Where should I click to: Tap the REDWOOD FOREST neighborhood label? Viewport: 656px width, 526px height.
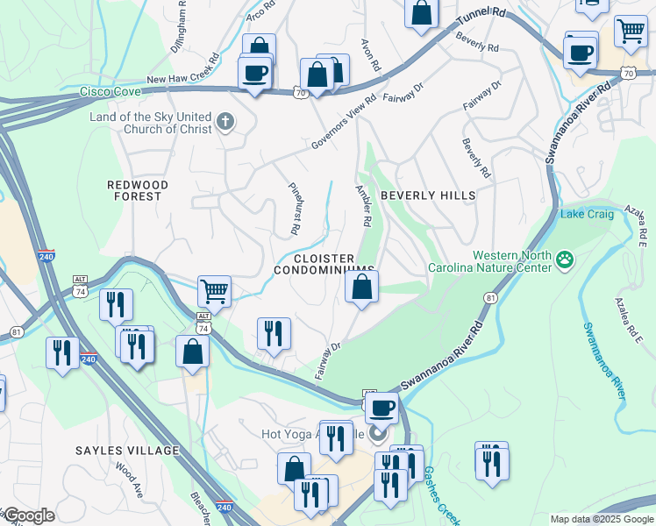(x=134, y=190)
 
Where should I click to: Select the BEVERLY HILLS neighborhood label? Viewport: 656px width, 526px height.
(x=427, y=195)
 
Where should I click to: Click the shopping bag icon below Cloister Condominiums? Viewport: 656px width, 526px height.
(x=361, y=287)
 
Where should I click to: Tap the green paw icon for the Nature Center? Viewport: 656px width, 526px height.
(x=565, y=259)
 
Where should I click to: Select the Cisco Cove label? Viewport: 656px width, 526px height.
(x=110, y=90)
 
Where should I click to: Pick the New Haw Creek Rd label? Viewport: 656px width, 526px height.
(x=182, y=79)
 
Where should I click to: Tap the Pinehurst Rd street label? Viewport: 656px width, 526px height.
(x=294, y=209)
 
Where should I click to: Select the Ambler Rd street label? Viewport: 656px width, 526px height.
(x=365, y=205)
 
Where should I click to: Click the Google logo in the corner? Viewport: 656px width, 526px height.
(x=29, y=515)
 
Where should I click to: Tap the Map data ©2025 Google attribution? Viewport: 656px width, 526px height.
(x=601, y=519)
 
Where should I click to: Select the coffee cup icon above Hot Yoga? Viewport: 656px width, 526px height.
(x=381, y=408)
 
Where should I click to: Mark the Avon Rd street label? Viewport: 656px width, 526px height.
(x=372, y=54)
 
